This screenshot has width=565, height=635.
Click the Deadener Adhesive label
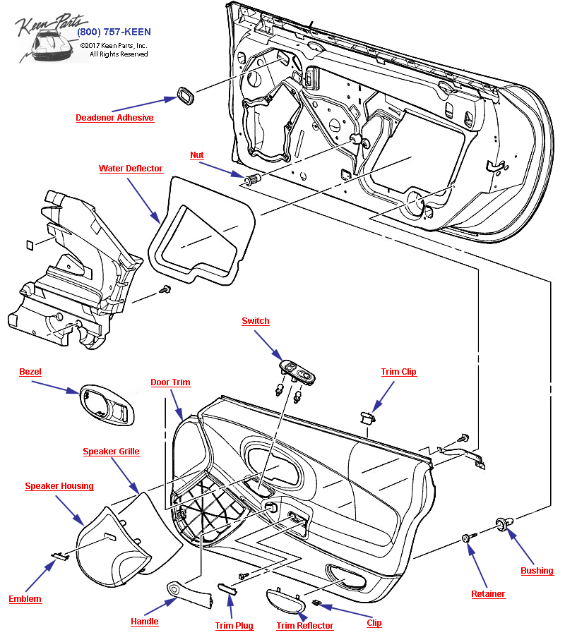point(114,118)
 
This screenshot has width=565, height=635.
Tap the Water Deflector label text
point(131,169)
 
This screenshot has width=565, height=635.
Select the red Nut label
point(197,155)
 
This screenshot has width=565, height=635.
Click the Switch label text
point(255,321)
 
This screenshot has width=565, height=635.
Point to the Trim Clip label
point(398,372)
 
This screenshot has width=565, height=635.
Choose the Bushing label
point(537,570)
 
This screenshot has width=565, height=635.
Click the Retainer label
point(488,594)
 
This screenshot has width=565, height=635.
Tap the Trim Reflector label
point(304,626)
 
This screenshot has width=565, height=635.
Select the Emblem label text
point(25,599)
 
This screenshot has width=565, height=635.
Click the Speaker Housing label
point(59,486)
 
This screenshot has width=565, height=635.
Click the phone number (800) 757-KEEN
point(113,32)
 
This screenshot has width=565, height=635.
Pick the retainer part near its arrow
point(466,538)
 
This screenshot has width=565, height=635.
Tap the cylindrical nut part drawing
point(253,179)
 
